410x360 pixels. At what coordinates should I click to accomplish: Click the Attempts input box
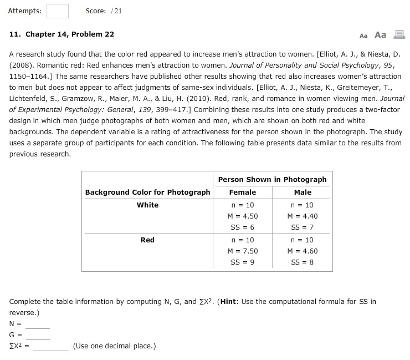click(x=58, y=11)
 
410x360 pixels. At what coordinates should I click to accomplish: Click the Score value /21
click(x=116, y=11)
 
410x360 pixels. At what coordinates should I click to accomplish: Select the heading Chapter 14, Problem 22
click(x=62, y=34)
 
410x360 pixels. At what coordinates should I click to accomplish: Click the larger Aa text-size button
click(x=380, y=34)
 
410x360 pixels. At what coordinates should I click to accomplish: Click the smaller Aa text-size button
click(x=363, y=35)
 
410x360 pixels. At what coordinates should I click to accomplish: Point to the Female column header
click(x=243, y=192)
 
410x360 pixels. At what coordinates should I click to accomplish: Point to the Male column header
click(x=303, y=192)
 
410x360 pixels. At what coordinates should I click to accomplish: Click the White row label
click(x=147, y=205)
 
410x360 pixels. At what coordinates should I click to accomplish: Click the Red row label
click(x=147, y=240)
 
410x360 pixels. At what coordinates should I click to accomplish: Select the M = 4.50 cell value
click(x=243, y=216)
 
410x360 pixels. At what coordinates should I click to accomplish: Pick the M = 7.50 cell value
click(x=243, y=251)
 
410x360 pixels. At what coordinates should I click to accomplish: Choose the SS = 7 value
click(x=303, y=227)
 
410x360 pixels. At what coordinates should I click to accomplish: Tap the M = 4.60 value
click(x=303, y=251)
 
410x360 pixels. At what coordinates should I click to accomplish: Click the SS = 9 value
click(x=243, y=262)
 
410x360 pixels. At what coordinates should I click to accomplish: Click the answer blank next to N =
click(x=38, y=324)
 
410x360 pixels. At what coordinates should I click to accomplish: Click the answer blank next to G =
click(x=38, y=336)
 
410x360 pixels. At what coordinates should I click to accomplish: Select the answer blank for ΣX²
click(x=50, y=347)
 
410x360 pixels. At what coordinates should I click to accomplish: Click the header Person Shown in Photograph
click(x=272, y=179)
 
